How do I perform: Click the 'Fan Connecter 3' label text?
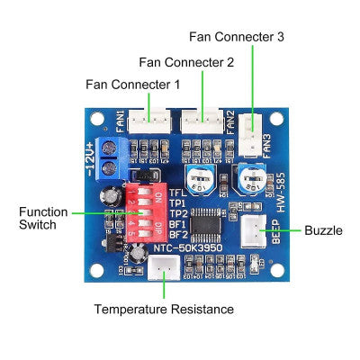point(237,37)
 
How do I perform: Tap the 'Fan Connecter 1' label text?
point(132,84)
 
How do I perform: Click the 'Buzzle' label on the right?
point(323,230)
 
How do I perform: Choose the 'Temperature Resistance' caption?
point(164,309)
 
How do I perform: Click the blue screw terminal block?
point(113,159)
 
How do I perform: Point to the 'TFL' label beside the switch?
point(179,193)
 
